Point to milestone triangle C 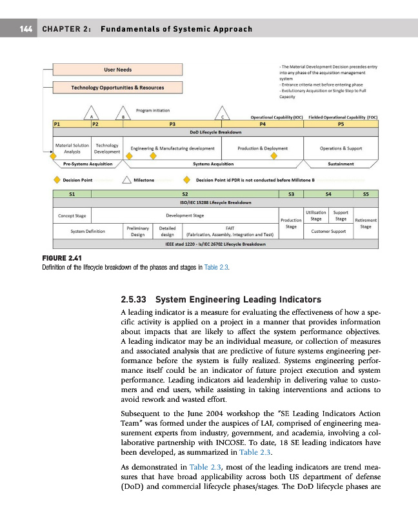(222, 112)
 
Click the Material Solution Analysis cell (72, 149)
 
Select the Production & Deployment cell (263, 148)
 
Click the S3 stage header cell (291, 193)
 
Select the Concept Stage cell (72, 215)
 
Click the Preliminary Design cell (137, 231)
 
